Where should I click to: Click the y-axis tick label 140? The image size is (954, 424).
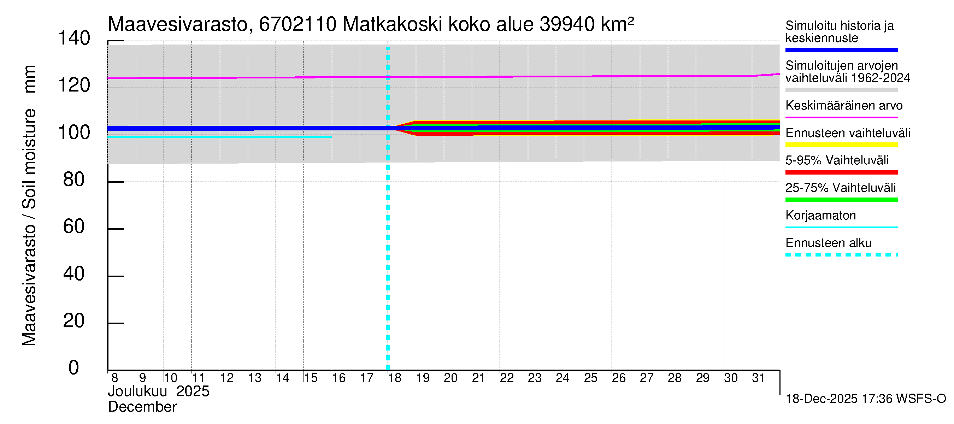(74, 39)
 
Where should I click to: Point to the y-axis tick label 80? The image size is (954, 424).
(74, 180)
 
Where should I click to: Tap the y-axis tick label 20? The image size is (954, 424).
(74, 321)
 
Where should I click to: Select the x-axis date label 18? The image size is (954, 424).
(395, 378)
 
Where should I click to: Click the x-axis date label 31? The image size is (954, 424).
(758, 378)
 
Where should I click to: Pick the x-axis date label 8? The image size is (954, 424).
(114, 378)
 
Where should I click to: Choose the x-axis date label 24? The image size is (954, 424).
(563, 378)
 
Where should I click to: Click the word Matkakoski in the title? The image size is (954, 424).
(392, 24)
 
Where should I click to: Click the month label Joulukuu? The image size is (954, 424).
(137, 391)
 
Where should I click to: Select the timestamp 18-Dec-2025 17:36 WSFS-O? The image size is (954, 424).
(865, 399)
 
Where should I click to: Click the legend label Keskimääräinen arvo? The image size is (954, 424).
(844, 106)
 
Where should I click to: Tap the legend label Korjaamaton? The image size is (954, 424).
(820, 216)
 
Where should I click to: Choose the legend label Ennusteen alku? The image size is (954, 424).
(828, 243)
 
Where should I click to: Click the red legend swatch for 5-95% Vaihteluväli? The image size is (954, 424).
(841, 172)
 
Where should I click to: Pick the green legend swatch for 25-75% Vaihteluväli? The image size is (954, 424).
(841, 200)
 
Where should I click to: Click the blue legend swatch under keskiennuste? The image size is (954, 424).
(841, 50)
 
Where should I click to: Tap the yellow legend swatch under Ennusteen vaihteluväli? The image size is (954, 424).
(841, 145)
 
